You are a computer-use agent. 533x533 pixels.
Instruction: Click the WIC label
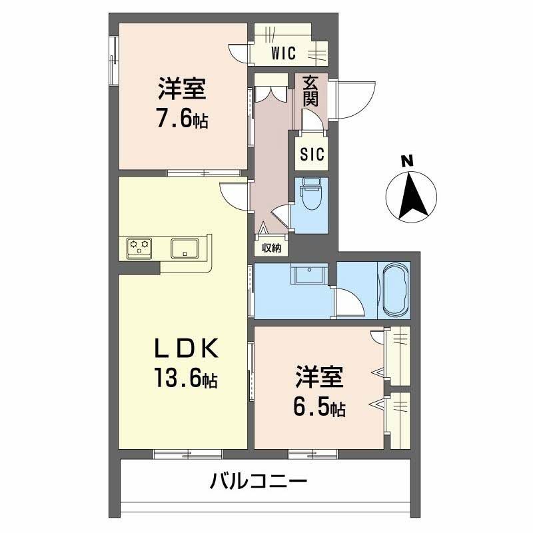(283, 53)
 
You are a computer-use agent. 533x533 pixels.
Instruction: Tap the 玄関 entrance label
(310, 91)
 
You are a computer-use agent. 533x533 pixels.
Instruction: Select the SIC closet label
(311, 155)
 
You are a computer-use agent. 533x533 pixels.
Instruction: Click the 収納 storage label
(270, 249)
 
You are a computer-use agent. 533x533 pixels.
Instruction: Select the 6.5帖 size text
(319, 407)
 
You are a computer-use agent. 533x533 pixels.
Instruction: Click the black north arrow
(411, 196)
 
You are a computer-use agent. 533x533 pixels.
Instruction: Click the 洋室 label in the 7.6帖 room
(181, 89)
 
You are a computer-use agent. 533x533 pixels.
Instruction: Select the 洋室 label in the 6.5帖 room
(319, 377)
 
